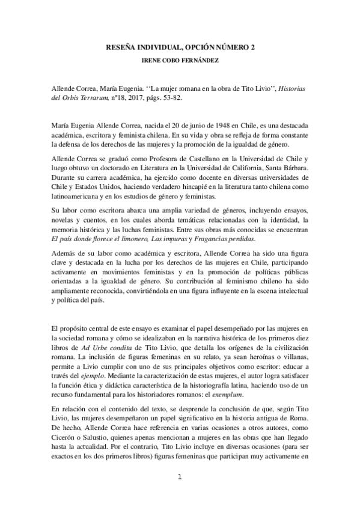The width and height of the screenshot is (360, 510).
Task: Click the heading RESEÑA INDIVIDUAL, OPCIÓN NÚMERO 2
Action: point(180,47)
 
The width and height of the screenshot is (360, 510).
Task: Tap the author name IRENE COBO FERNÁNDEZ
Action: point(180,61)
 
